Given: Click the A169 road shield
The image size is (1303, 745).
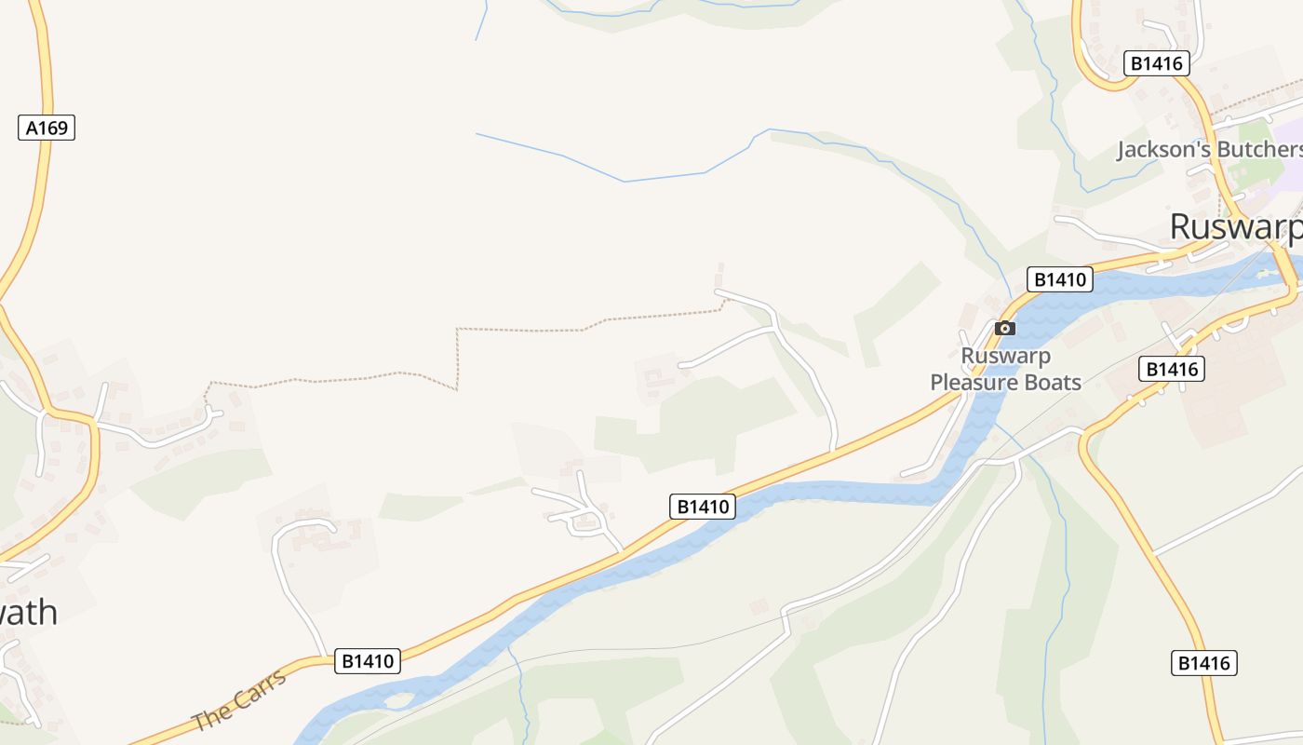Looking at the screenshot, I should [x=47, y=128].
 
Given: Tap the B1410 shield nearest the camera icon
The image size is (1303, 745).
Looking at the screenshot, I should [x=1059, y=279].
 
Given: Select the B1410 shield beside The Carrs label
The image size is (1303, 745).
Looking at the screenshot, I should [x=368, y=661].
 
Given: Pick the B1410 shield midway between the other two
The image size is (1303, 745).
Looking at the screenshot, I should [x=703, y=507].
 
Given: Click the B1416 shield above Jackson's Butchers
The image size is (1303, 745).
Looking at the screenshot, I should [x=1157, y=63].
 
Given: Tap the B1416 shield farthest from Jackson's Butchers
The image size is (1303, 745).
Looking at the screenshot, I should [x=1203, y=663].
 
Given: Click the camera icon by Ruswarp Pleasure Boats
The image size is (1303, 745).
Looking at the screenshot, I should [x=1004, y=328].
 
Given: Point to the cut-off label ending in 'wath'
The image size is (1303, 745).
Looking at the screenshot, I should [x=28, y=613].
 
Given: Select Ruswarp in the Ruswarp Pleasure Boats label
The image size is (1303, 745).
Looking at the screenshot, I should [x=1005, y=356].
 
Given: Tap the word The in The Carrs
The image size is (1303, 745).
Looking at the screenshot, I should [x=210, y=716].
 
